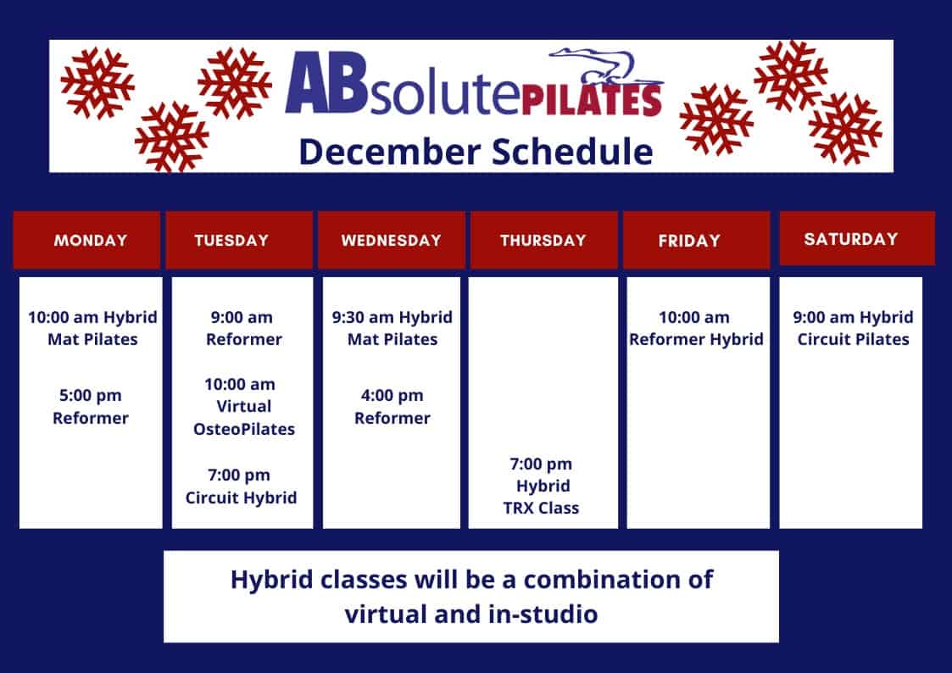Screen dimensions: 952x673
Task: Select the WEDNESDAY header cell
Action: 392,240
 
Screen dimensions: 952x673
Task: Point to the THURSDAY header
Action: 544,240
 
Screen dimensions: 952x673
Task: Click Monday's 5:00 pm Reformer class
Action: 91,407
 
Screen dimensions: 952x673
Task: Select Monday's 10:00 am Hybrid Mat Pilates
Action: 92,328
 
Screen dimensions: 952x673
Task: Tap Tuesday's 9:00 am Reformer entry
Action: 242,328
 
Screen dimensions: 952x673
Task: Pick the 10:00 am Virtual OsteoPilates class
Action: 243,407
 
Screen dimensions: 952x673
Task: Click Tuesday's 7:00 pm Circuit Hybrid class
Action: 241,486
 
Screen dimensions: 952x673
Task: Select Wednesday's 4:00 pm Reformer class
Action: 392,407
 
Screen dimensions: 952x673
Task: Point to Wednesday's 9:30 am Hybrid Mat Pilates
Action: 392,328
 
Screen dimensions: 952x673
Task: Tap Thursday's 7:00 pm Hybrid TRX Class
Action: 541,486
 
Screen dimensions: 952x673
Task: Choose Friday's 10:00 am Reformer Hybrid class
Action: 696,328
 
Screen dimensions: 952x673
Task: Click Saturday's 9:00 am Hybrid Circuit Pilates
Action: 853,328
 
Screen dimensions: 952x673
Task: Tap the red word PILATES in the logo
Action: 592,100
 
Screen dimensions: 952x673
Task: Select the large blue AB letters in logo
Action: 326,83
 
